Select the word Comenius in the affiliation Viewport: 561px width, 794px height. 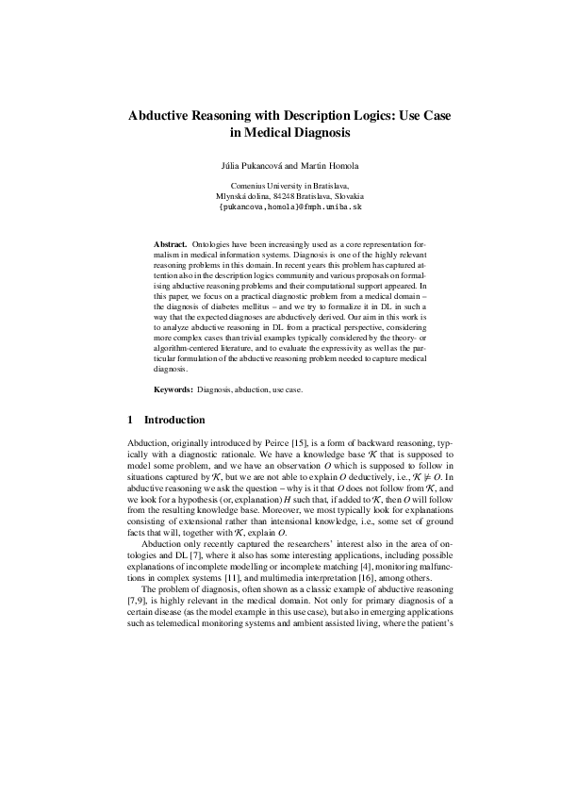coord(252,186)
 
